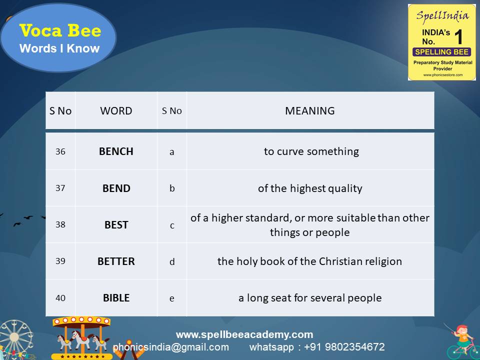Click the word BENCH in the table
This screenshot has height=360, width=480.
click(116, 151)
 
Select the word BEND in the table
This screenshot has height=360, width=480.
click(116, 188)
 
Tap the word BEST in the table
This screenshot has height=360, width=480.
click(116, 225)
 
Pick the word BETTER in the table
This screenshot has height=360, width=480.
click(116, 261)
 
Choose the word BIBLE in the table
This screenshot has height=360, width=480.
click(116, 298)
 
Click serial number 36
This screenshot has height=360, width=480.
click(60, 151)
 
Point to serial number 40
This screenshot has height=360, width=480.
click(60, 298)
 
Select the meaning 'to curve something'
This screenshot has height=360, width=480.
click(311, 151)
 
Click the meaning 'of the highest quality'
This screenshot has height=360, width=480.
click(310, 188)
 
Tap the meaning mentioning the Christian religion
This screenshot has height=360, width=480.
click(309, 261)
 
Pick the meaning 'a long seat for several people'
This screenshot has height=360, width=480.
click(310, 298)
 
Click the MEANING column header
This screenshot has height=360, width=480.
click(309, 111)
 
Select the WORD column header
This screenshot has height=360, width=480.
click(116, 111)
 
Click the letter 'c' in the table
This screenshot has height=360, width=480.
click(172, 225)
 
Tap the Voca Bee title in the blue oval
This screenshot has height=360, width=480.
click(60, 31)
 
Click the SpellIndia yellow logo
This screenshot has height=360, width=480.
click(441, 42)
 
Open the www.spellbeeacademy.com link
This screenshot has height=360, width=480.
click(244, 334)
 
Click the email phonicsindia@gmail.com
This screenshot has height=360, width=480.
click(171, 347)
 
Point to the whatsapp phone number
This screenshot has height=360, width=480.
click(345, 347)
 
